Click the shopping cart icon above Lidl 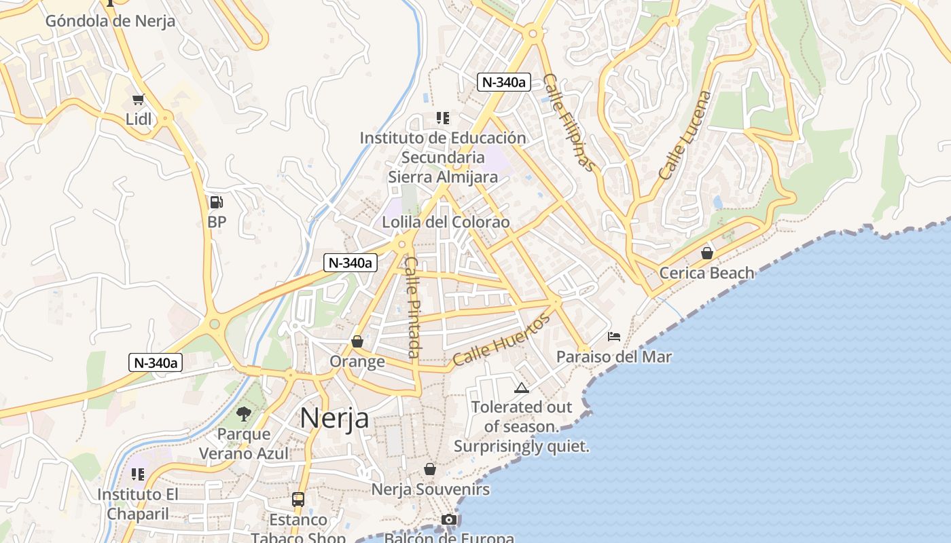139,100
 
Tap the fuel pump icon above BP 216,202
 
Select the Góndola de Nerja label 110,20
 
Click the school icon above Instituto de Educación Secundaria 443,118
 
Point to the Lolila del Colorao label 446,222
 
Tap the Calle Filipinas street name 569,123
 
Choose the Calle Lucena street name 684,135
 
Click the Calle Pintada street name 412,307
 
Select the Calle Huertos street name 501,341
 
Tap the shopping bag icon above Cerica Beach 707,253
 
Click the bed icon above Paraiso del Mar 614,337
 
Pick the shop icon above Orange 357,341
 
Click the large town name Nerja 335,417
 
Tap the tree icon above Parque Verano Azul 243,413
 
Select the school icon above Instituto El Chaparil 138,474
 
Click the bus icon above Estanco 298,500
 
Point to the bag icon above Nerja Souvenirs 430,469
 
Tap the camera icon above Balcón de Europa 448,520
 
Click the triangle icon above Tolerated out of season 521,388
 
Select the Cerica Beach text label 707,273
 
